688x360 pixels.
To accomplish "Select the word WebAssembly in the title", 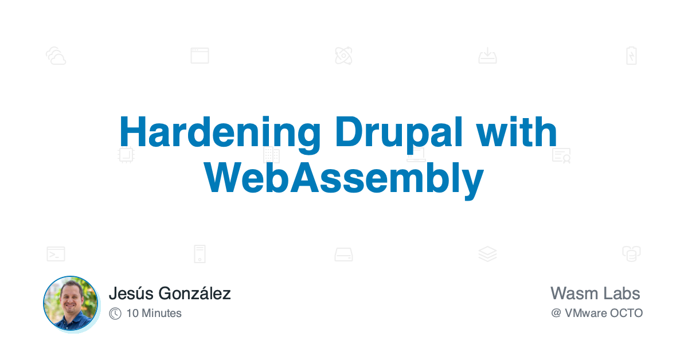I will [344, 178].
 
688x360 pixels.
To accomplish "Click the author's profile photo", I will [71, 303].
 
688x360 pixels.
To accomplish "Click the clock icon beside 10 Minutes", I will [115, 313].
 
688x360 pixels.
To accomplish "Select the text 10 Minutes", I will [154, 313].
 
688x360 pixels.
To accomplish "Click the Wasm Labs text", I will [595, 294].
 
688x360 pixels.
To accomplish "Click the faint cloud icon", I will [56, 56].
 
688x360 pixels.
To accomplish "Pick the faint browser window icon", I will [200, 56].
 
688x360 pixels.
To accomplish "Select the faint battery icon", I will [631, 56].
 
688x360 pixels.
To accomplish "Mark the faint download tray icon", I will [487, 56].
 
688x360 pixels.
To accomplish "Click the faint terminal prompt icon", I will [56, 254].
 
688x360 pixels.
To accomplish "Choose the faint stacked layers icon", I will [487, 254].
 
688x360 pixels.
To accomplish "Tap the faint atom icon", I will [343, 56].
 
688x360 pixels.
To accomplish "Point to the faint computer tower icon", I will [200, 254].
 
